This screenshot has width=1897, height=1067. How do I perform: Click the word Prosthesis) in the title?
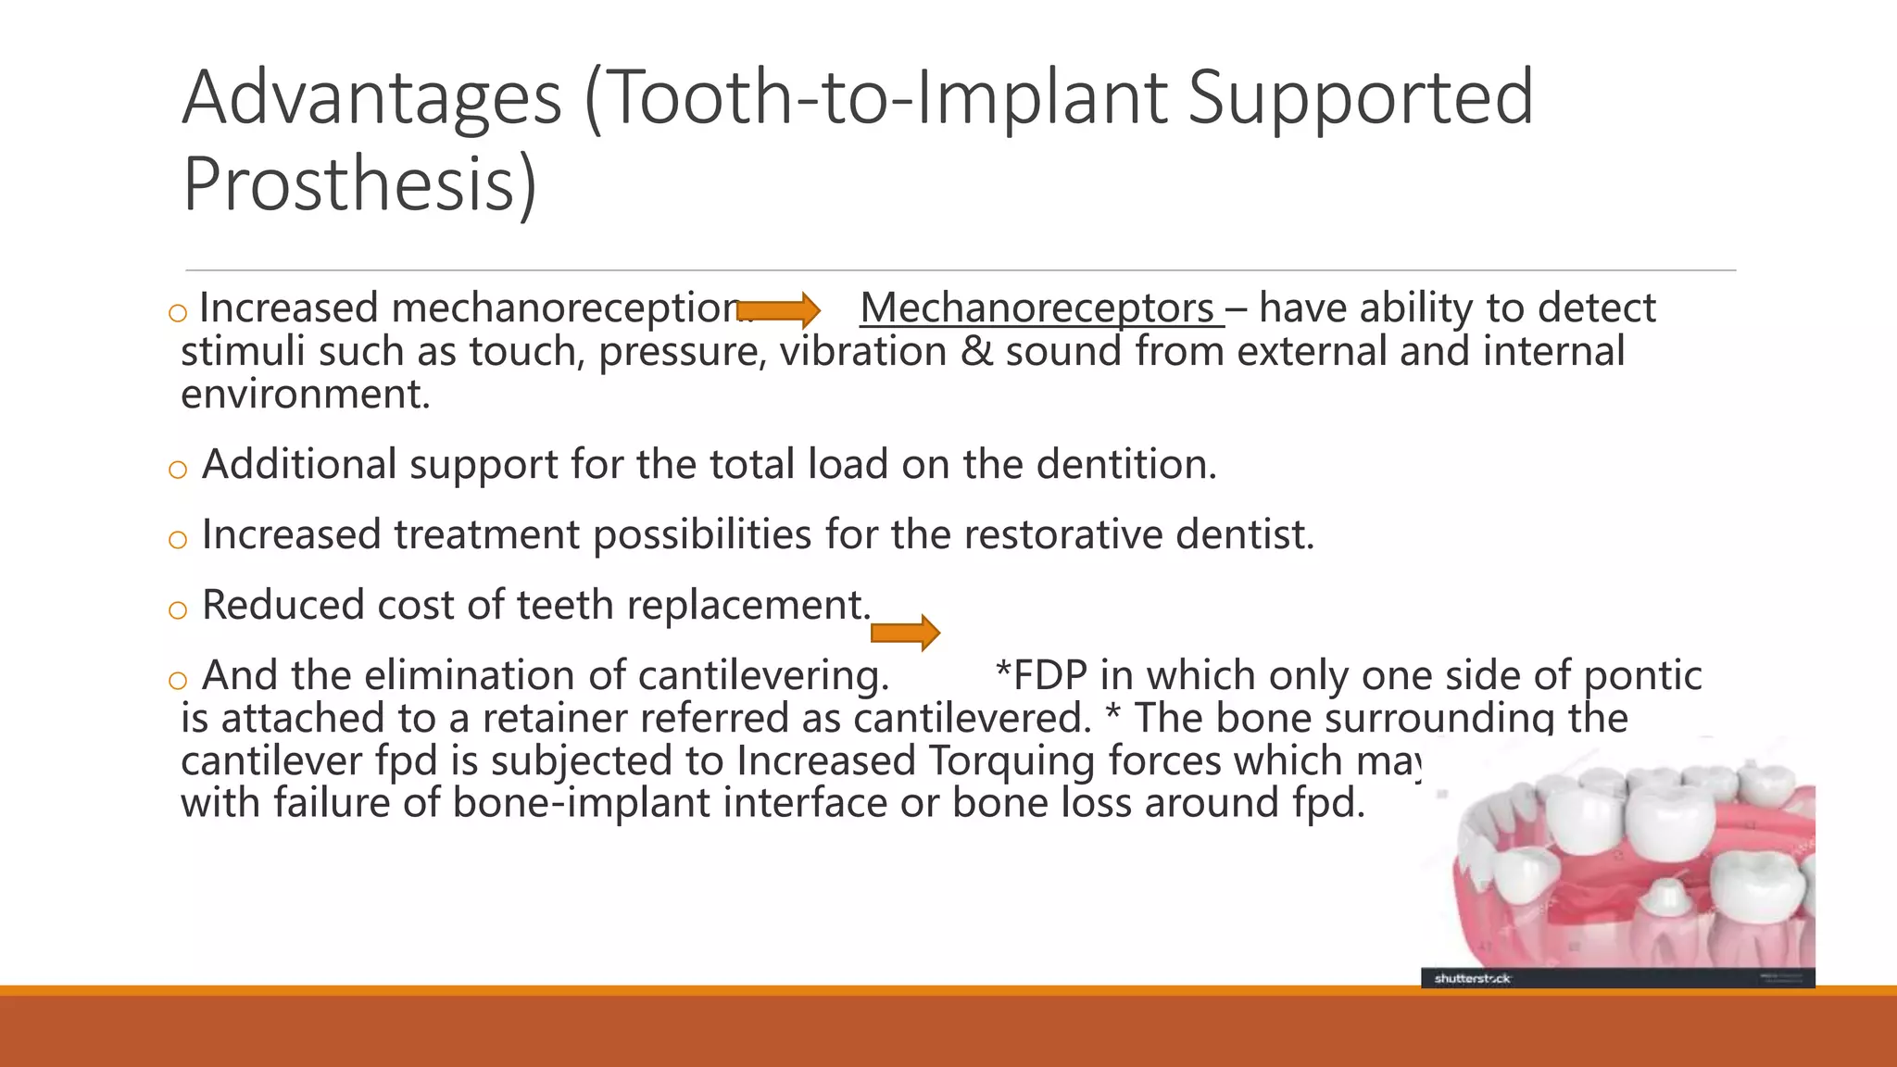(359, 184)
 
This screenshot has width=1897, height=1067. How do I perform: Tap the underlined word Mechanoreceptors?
(1036, 308)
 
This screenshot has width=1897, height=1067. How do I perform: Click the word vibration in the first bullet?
(862, 352)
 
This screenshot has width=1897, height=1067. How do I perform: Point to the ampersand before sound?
(976, 352)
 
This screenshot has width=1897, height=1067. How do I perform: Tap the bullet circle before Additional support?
(178, 470)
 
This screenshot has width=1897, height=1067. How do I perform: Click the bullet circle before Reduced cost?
(178, 610)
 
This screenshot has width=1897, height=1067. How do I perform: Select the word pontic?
(1641, 675)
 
